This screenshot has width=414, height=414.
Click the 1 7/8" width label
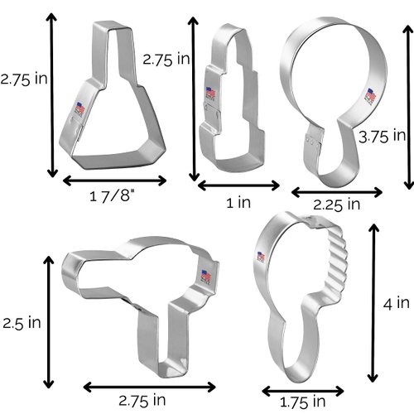click(x=112, y=197)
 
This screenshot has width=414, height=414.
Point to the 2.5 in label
click(x=21, y=320)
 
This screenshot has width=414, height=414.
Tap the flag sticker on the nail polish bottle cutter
click(x=80, y=108)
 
